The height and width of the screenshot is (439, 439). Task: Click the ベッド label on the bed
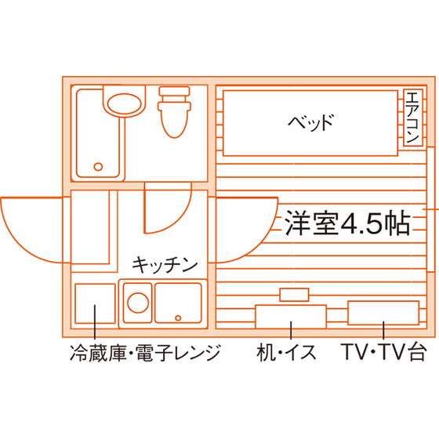click(x=311, y=122)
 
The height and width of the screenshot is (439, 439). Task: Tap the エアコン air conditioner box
click(x=413, y=118)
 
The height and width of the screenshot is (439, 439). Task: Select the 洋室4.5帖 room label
click(x=348, y=223)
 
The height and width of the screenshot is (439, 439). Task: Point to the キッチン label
click(x=165, y=265)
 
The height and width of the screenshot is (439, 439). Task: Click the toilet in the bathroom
click(x=174, y=112)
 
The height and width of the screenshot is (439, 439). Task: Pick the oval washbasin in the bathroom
click(x=125, y=103)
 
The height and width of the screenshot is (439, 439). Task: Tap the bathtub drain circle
click(x=98, y=167)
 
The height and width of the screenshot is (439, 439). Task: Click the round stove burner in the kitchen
click(x=138, y=303)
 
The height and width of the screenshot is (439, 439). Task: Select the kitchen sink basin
click(x=178, y=303)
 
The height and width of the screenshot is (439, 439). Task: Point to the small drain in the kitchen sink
click(x=178, y=317)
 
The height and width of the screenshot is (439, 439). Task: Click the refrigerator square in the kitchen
click(x=95, y=303)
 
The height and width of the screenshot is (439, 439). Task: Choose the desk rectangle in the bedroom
click(x=291, y=317)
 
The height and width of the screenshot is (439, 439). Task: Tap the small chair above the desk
click(x=294, y=295)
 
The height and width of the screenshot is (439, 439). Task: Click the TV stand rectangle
click(x=383, y=313)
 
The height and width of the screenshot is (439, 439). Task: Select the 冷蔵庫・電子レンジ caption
click(x=145, y=353)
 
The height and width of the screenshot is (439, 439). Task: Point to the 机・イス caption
click(x=286, y=353)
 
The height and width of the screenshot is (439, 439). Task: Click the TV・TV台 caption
click(x=383, y=351)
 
